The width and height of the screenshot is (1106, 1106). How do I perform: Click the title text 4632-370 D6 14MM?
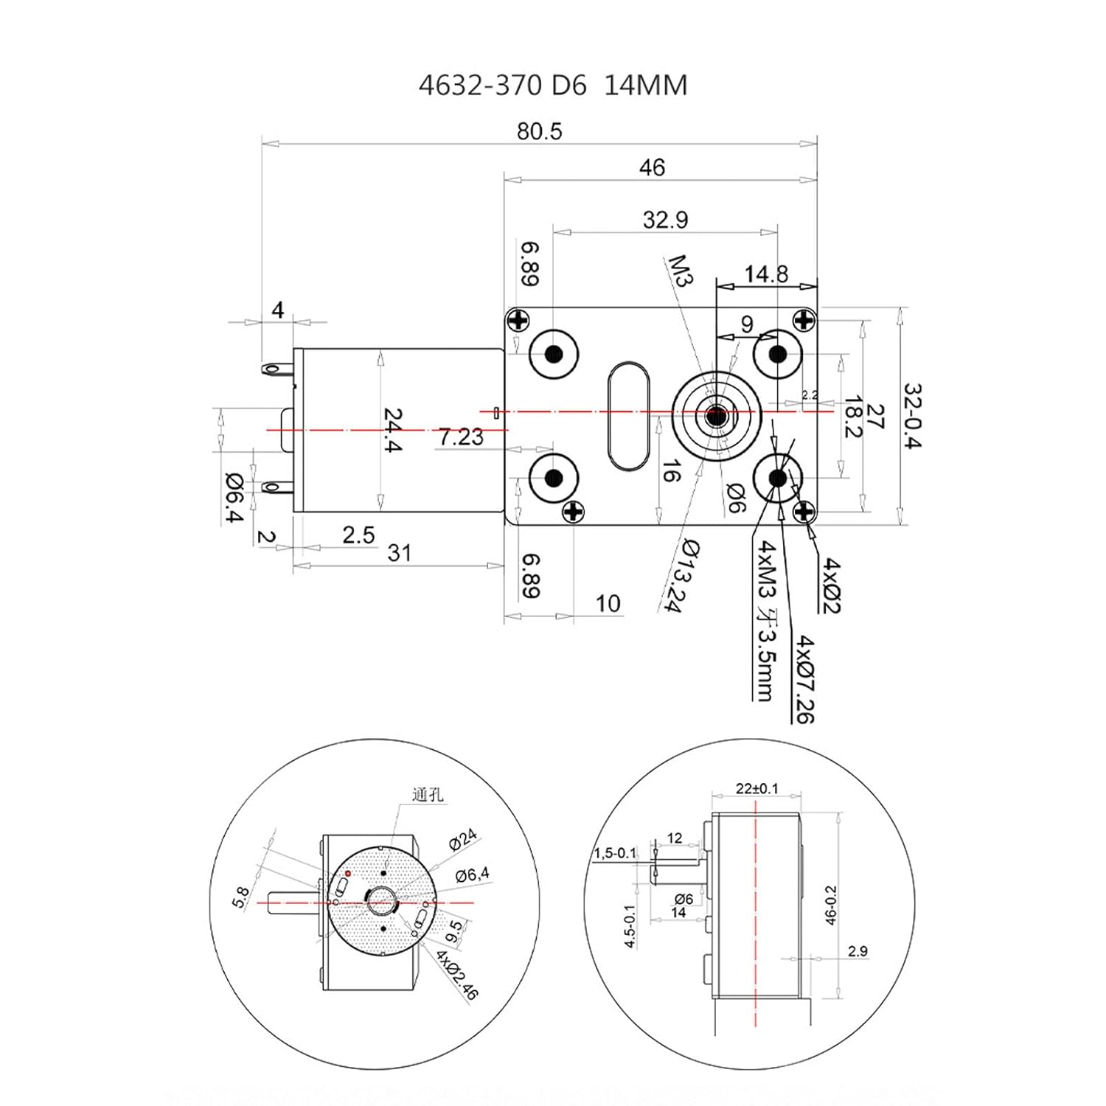coord(553,86)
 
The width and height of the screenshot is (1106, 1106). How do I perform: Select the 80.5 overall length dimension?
coord(539,131)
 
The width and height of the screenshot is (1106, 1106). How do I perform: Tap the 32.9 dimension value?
coord(665,220)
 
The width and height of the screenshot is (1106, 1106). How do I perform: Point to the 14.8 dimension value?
coord(766,274)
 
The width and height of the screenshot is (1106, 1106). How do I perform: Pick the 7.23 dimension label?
coord(462,437)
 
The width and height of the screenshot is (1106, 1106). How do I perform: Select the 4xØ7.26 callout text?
coord(804,678)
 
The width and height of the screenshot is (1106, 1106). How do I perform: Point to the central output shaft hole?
coord(715,417)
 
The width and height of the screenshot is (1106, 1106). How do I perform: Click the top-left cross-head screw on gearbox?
coord(518,320)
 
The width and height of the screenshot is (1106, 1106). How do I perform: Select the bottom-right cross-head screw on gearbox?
coord(804,511)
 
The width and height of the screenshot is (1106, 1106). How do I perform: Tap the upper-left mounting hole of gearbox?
coord(554,354)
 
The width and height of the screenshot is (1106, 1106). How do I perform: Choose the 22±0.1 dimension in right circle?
coord(757,788)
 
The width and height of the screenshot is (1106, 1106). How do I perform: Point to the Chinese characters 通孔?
coord(428,795)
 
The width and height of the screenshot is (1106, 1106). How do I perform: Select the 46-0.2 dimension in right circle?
coord(831,905)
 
